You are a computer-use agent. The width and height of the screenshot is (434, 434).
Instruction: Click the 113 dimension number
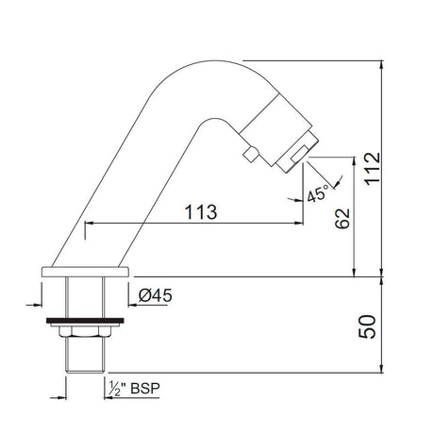click(201, 211)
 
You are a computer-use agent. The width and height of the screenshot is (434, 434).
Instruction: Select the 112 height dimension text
click(373, 169)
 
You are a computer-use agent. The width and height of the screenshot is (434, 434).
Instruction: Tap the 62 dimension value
click(342, 218)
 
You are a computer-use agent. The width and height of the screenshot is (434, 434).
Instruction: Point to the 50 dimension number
click(367, 326)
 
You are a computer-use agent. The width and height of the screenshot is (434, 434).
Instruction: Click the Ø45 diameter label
click(156, 295)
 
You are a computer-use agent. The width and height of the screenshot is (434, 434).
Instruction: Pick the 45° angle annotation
click(318, 193)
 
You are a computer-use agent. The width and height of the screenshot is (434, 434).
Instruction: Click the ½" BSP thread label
click(134, 389)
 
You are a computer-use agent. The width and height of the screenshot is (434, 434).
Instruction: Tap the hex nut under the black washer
click(85, 331)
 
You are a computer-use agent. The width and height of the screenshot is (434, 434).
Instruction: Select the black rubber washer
click(85, 321)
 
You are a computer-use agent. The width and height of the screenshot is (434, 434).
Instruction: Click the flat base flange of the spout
click(85, 272)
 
